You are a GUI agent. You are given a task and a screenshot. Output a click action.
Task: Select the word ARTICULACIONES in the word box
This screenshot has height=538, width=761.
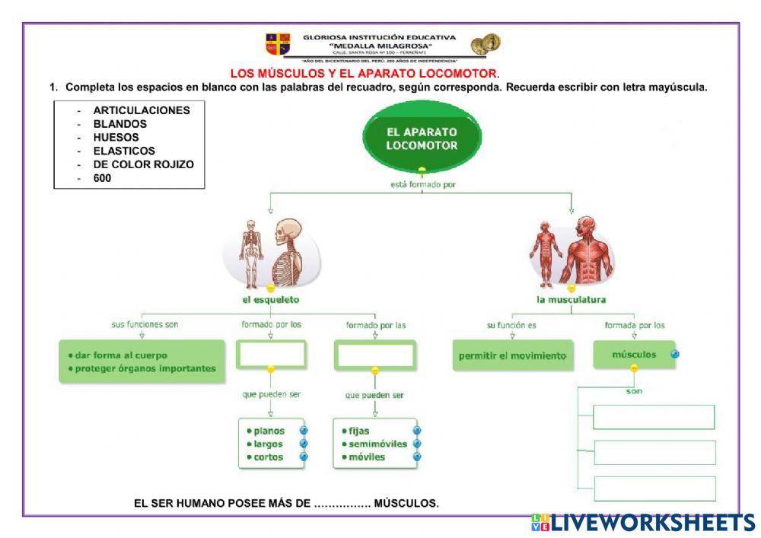[x=142, y=110]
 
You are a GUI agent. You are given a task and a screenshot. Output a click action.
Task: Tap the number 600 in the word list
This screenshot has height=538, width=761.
[x=102, y=178]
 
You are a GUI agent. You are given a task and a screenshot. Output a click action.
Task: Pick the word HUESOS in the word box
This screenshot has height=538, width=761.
[x=116, y=138]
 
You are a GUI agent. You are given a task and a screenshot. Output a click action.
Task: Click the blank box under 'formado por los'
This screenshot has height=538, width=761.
[x=271, y=354]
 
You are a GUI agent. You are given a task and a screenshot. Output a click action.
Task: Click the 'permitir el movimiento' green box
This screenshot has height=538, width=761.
[x=512, y=355]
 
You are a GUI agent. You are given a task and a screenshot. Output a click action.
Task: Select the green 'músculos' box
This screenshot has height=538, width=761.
[x=634, y=355]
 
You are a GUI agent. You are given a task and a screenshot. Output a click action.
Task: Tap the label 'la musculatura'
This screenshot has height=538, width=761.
[x=571, y=300]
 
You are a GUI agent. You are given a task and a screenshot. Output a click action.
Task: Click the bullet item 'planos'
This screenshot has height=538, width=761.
[x=269, y=431]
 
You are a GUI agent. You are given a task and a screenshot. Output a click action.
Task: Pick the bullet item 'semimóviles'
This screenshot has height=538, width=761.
[x=377, y=444]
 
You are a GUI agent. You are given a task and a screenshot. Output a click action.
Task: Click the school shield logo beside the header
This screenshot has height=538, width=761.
[x=277, y=44]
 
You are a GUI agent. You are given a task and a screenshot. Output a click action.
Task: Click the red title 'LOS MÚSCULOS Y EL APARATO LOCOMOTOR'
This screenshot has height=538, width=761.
[x=364, y=74]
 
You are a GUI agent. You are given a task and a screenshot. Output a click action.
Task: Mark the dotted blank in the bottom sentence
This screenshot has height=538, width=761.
[x=342, y=503]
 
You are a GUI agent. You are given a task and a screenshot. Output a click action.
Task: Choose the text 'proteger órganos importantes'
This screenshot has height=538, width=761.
[x=145, y=369]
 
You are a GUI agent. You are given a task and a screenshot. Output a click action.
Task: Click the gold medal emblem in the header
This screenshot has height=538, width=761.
[x=485, y=44]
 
